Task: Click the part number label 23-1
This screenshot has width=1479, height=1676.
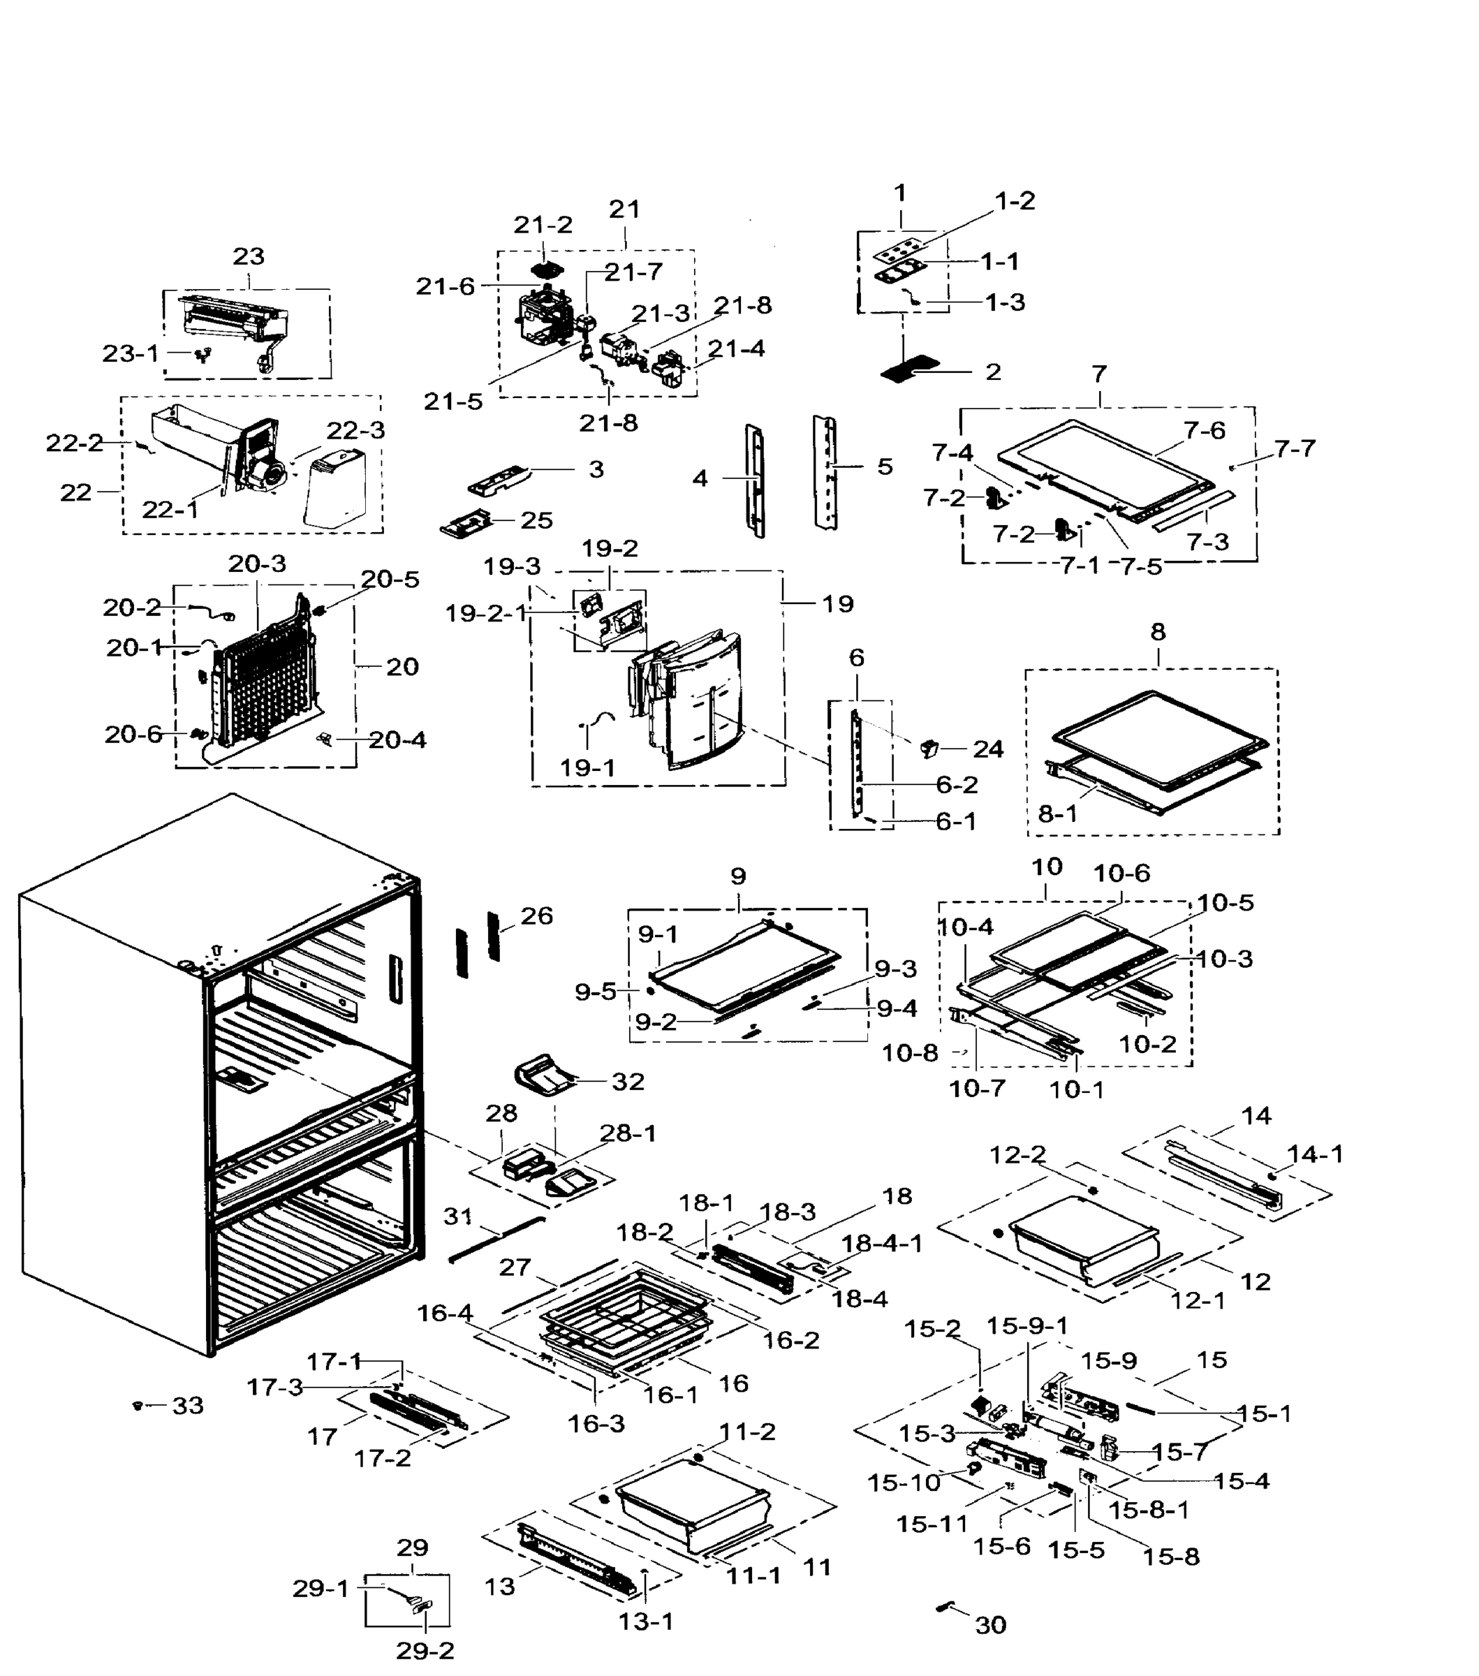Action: coord(130,353)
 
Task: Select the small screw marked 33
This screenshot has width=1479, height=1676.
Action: coord(138,1406)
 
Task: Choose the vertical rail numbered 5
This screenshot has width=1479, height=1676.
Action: coord(825,471)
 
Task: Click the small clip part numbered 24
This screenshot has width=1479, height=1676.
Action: coord(929,747)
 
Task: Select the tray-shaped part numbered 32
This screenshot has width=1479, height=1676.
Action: coord(545,1076)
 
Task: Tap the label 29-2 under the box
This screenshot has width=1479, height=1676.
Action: coord(425,1649)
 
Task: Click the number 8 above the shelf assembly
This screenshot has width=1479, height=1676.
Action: coord(1157,631)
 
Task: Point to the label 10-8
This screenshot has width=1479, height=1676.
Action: coord(909,1053)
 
